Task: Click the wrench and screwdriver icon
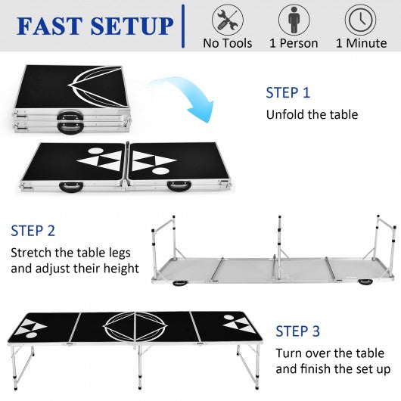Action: [228, 20]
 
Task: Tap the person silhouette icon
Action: [294, 20]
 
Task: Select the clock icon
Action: [361, 20]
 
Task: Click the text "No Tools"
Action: [227, 43]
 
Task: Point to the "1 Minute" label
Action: [361, 43]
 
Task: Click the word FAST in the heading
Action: [49, 26]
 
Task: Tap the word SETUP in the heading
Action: [132, 26]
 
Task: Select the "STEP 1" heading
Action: [288, 92]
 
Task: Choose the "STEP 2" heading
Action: [33, 231]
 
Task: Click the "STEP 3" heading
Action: [297, 331]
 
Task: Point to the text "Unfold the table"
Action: [312, 114]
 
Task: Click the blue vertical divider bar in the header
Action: [183, 26]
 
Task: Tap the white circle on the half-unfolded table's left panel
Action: [95, 151]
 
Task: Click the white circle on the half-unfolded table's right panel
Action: [161, 171]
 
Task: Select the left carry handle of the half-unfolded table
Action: [71, 186]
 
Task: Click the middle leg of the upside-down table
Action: [280, 237]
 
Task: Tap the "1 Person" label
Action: [294, 43]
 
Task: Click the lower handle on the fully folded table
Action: [70, 127]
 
